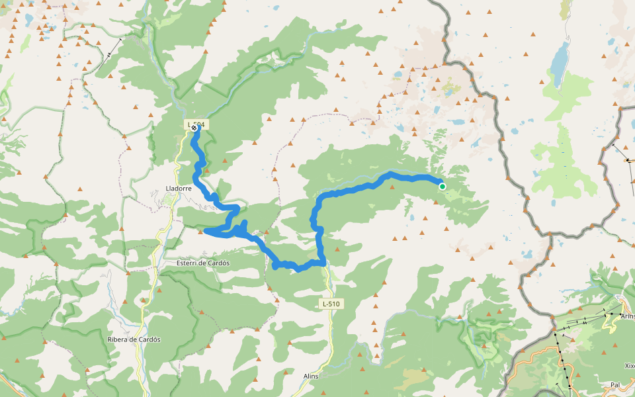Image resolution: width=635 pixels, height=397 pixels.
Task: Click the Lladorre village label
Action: coord(178,188)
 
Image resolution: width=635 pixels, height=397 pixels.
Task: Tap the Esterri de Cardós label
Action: coord(202,263)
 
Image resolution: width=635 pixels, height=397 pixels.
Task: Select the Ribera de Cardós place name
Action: coord(134,339)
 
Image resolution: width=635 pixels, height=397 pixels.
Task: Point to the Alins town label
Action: coord(311,376)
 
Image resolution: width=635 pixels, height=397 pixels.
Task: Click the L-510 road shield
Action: coord(331,304)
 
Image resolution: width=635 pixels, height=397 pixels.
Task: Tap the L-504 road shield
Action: coord(197,124)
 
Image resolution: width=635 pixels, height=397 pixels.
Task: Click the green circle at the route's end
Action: coord(443,187)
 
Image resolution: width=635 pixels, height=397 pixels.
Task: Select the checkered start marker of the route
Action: coord(193,128)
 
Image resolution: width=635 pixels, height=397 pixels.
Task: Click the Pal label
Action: coord(615,384)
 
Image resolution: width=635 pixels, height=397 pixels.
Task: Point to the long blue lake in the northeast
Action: coord(560,63)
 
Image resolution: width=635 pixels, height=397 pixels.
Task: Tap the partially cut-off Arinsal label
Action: coord(627,316)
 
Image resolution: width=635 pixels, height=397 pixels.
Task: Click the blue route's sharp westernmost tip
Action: coord(206,231)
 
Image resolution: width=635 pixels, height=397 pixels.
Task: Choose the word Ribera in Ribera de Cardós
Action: coord(118,339)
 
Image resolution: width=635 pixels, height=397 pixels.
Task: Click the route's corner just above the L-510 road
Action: coord(324,263)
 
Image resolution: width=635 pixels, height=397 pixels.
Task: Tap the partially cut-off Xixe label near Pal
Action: coord(629,365)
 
